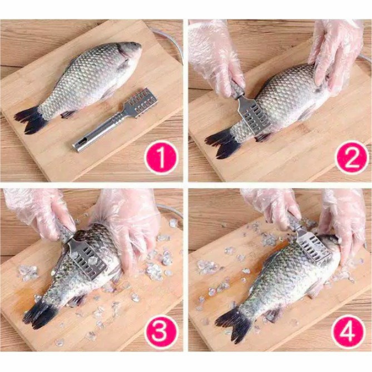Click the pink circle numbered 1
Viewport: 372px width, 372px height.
pos(161,157)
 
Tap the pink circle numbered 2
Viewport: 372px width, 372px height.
pos(351,157)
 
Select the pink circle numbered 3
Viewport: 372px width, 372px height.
pos(161,331)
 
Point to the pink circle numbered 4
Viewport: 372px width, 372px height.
pos(348,331)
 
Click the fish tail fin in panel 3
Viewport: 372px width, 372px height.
pos(39,313)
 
